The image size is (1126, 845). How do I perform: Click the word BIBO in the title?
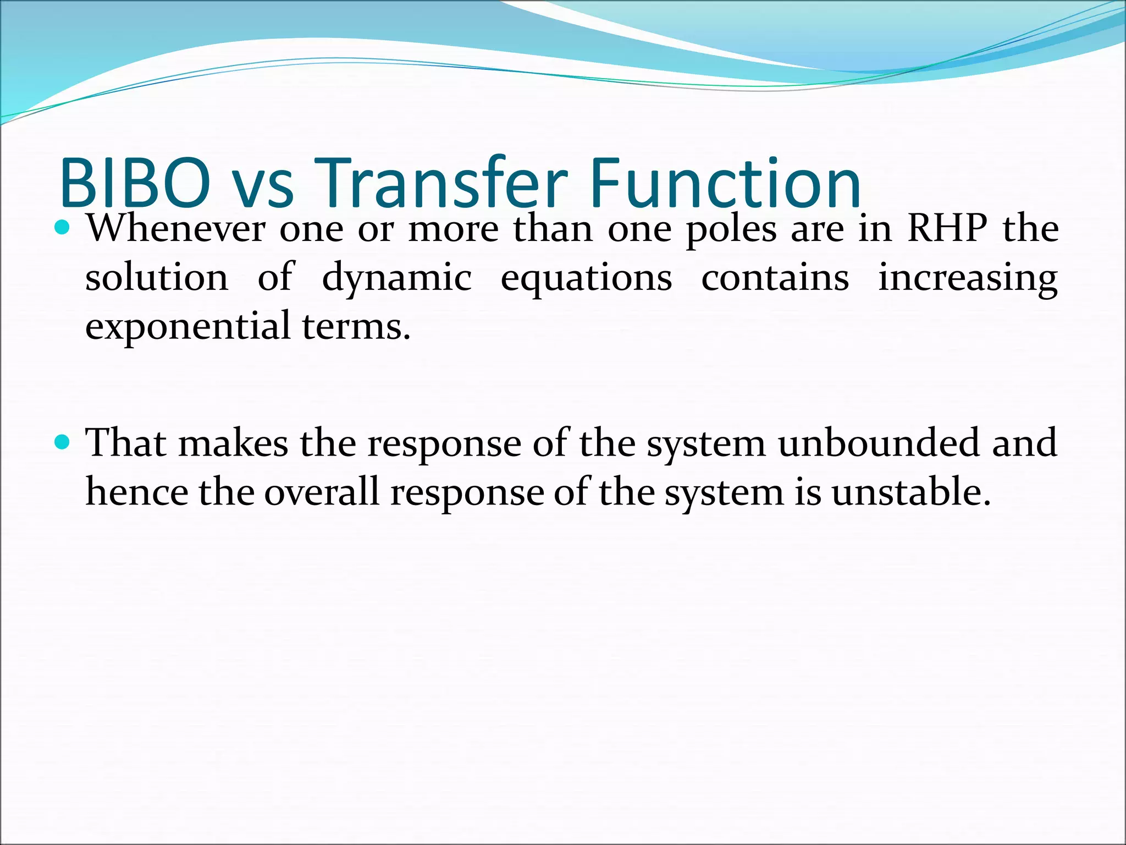coord(135,183)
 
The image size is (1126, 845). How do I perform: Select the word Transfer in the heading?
coord(440,183)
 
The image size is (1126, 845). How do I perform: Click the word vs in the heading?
coord(262,187)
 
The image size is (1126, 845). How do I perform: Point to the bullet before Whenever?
coord(63,227)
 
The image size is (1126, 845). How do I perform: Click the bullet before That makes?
coord(63,441)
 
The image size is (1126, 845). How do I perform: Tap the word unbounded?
coord(879,443)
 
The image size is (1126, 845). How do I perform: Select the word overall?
coord(322,491)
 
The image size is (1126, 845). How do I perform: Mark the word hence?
coord(136,491)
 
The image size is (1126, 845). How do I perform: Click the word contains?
coord(775,278)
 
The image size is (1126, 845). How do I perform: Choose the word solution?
coord(156,278)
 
